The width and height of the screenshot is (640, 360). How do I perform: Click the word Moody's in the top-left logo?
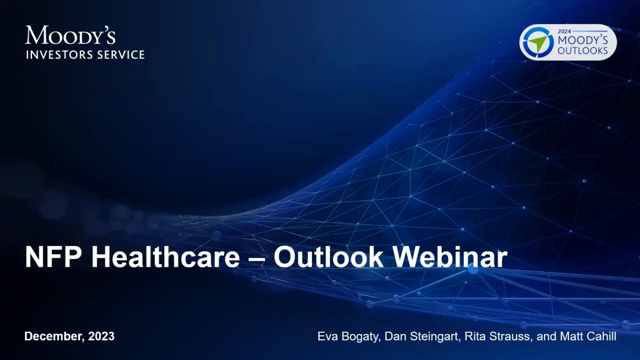70,35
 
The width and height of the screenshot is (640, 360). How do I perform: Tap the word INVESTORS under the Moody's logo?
59,54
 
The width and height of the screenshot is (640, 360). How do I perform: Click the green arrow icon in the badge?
537,42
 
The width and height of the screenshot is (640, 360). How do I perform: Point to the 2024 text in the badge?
564,31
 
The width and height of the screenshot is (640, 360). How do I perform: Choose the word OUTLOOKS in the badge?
582,51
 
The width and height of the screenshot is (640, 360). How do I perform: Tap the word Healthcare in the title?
165,257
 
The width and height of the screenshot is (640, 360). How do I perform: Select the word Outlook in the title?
329,257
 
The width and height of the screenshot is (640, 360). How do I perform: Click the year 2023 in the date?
101,337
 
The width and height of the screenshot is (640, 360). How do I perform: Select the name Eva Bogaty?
349,337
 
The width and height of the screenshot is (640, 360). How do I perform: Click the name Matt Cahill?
588,337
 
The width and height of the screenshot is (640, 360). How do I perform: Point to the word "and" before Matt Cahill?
546,337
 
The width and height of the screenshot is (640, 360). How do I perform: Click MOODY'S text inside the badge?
583,41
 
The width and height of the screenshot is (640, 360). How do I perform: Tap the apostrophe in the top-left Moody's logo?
102,29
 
